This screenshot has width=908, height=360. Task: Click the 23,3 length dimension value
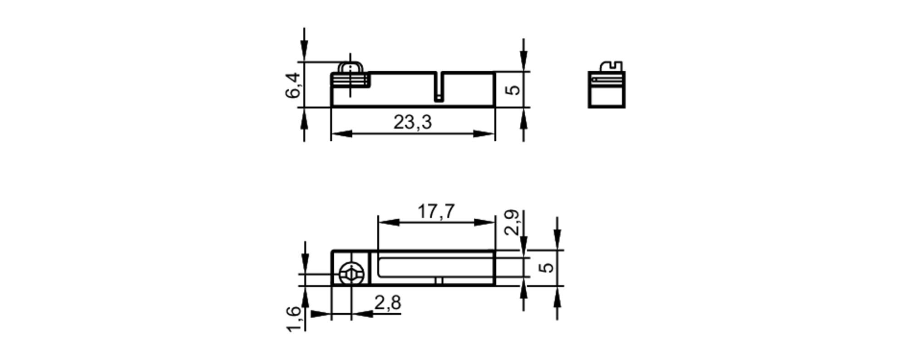(x=412, y=122)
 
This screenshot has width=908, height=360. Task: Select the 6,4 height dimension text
(x=293, y=85)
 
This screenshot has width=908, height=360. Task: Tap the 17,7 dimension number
(x=436, y=212)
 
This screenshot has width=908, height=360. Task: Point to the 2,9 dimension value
(x=512, y=222)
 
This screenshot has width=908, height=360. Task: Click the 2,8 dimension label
(x=388, y=303)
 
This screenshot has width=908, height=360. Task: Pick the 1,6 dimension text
(x=294, y=319)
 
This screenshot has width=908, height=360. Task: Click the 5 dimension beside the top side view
(x=513, y=89)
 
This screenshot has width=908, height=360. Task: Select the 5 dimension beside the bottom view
(x=547, y=267)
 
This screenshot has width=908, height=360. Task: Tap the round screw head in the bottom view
(x=351, y=274)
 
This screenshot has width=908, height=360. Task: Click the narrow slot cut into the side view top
(x=438, y=86)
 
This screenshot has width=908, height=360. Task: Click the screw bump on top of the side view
(x=350, y=68)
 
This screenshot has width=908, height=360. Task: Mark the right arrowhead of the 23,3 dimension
(x=484, y=134)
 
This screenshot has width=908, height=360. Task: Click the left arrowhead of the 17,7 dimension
(x=389, y=222)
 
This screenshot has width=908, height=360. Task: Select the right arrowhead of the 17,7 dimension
(x=484, y=222)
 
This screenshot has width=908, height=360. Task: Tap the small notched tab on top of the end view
(x=612, y=66)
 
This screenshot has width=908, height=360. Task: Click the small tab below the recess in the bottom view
(x=439, y=281)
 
